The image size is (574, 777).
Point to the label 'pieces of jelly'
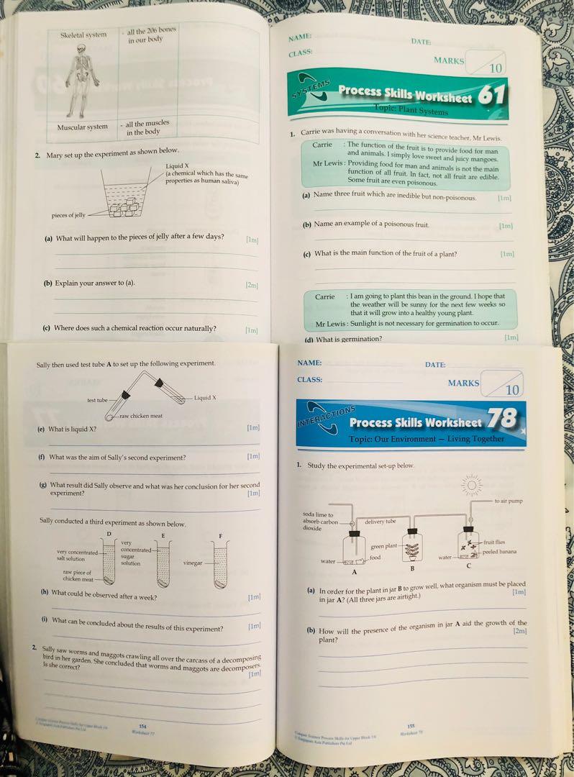coord(68,215)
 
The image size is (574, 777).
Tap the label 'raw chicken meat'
coord(141,417)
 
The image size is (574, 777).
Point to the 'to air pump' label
coord(509,501)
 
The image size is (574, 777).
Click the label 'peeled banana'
coord(500,552)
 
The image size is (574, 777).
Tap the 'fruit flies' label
coord(498,542)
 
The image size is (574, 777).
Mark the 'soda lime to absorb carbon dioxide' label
coord(320,522)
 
